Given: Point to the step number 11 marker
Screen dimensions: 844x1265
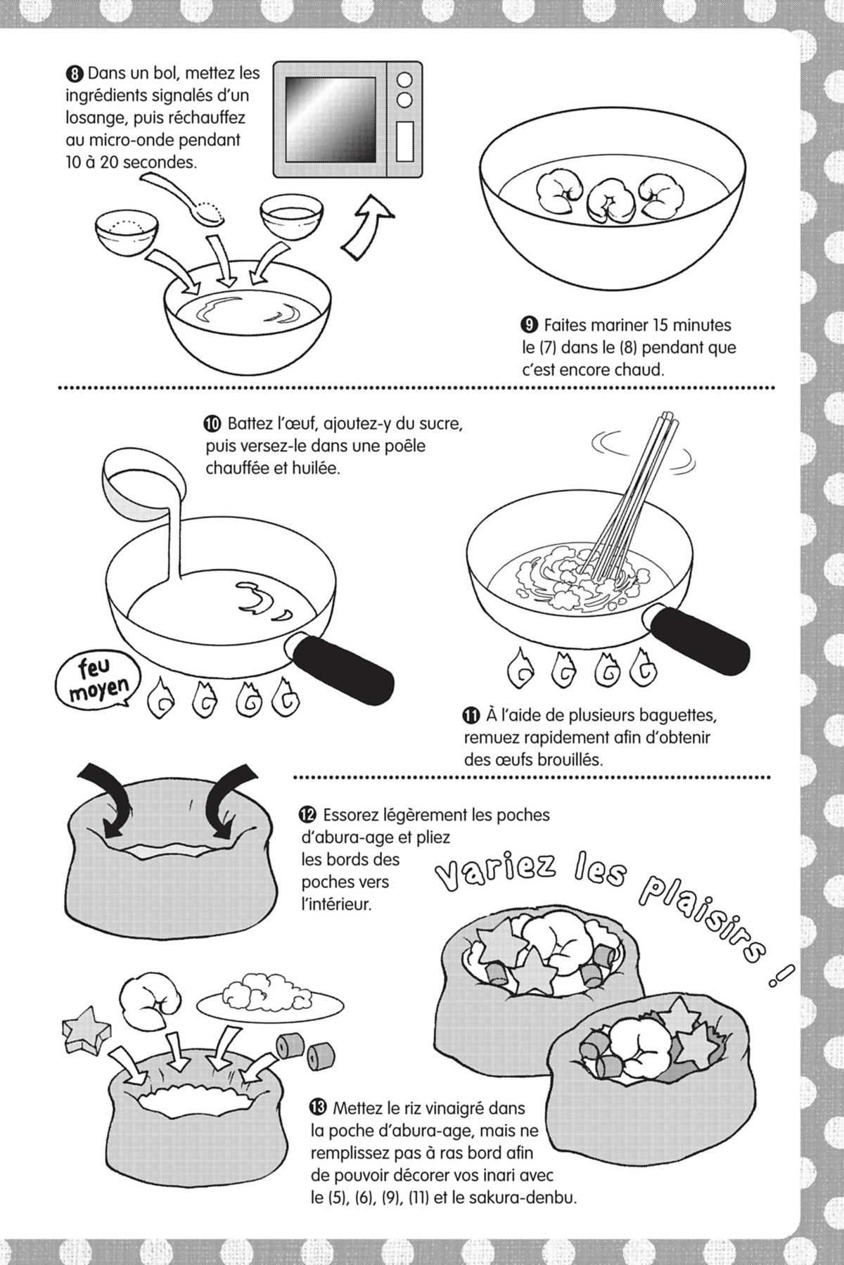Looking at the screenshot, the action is click(472, 716).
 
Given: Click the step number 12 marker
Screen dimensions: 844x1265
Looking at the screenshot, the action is click(307, 815).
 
